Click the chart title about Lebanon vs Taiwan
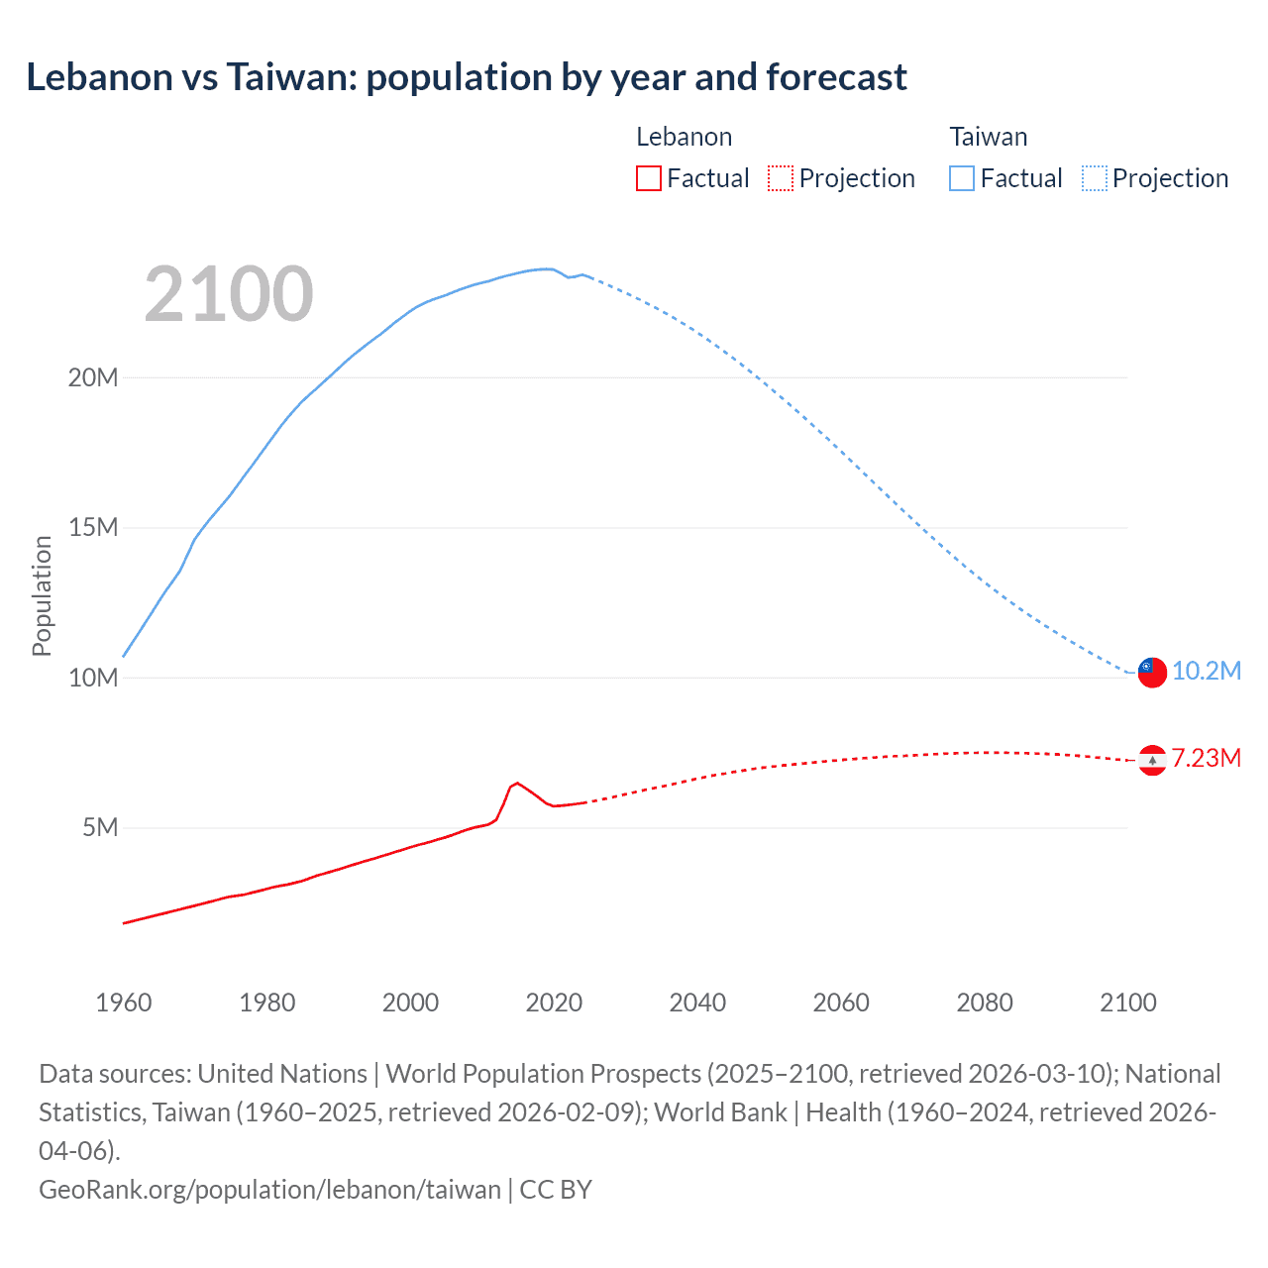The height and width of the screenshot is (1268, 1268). point(466,77)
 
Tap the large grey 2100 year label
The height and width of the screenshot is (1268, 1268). point(229,294)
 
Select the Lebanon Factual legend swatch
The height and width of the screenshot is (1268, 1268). point(648,178)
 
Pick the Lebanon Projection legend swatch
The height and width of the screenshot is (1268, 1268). point(781,178)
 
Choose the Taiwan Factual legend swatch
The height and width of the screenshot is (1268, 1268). point(961,178)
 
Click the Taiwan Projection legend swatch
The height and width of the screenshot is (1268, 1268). point(1094,178)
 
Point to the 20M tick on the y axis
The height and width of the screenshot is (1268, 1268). point(93,377)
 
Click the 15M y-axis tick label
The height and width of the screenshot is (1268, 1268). point(93,527)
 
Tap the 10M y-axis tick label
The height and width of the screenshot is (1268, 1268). point(93,678)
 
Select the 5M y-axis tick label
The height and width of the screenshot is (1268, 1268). point(100,827)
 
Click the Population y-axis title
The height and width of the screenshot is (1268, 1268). point(42,595)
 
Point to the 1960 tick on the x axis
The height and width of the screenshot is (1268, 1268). point(124,1003)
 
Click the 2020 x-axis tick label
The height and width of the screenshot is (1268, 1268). point(554,1003)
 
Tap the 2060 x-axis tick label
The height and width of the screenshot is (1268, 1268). point(841,1003)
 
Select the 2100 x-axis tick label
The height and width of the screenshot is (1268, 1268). point(1128,1003)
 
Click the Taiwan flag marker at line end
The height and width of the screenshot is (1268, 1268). point(1152,672)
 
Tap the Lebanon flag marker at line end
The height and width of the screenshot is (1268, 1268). point(1152,760)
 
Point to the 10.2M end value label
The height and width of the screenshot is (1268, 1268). point(1206,671)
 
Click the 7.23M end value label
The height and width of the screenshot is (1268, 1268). point(1206,758)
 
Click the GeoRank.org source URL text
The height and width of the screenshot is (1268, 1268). point(269,1190)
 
